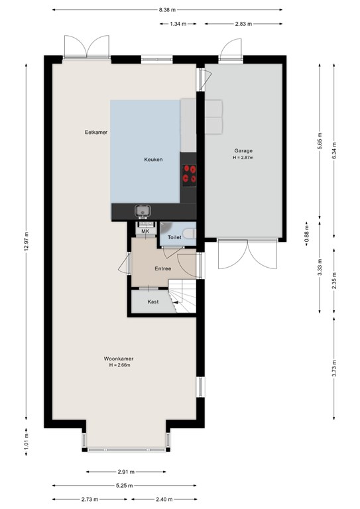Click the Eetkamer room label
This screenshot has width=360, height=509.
click(x=96, y=132)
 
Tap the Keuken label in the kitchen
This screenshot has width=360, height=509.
click(x=153, y=159)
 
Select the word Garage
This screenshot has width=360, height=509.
click(x=243, y=150)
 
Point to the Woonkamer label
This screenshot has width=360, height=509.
click(x=119, y=359)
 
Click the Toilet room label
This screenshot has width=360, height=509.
click(x=174, y=237)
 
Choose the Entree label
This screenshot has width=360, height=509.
click(x=162, y=268)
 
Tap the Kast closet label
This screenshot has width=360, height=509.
click(x=153, y=302)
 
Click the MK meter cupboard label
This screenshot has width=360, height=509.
click(x=145, y=231)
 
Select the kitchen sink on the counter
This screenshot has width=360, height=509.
click(x=143, y=211)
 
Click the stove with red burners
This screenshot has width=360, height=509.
click(x=189, y=174)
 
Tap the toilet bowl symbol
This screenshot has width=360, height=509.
click(x=189, y=233)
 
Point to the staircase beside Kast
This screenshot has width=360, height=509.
click(x=182, y=296)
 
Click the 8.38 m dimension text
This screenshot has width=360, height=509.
click(x=167, y=10)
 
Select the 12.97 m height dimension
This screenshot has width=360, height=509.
click(x=27, y=241)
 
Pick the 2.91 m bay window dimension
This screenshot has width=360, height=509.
click(x=126, y=472)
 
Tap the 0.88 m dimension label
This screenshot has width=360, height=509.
click(x=306, y=234)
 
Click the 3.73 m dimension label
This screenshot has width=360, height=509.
click(x=334, y=368)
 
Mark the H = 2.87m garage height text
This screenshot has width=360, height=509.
click(x=243, y=158)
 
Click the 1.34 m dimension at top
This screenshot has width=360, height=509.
click(x=178, y=24)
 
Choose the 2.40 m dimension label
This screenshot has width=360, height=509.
click(x=164, y=499)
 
